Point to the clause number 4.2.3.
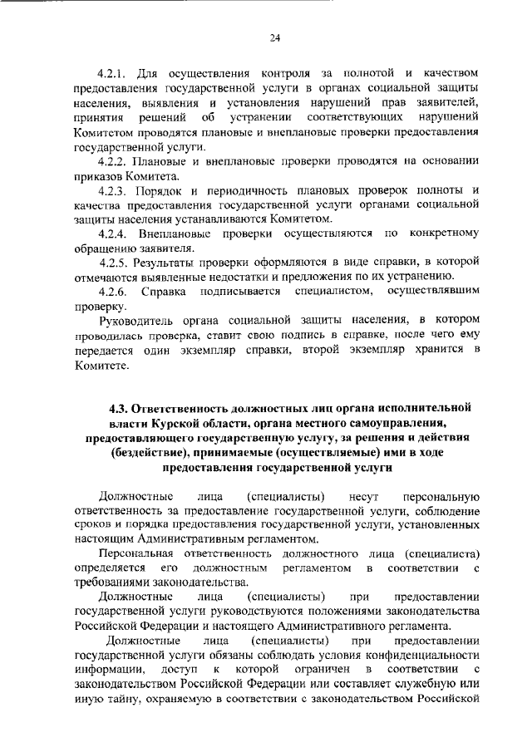[x=111, y=190]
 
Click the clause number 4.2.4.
[x=111, y=234]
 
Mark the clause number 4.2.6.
[x=111, y=292]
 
